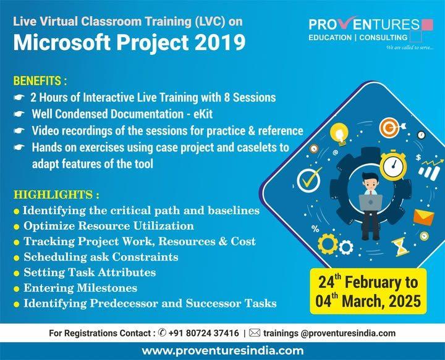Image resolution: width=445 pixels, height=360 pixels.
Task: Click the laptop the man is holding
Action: point(371,201)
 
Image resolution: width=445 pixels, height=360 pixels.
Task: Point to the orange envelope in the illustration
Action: point(423,217)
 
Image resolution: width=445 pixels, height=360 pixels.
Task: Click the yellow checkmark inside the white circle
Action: point(309,180)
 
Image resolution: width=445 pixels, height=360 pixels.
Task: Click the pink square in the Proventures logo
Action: point(426,25)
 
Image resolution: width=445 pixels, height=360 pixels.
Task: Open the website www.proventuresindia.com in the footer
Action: point(222,351)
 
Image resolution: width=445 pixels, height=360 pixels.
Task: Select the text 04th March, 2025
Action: point(370,302)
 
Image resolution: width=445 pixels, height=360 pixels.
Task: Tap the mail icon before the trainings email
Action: point(254,333)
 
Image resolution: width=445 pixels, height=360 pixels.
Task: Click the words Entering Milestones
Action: point(80,288)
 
